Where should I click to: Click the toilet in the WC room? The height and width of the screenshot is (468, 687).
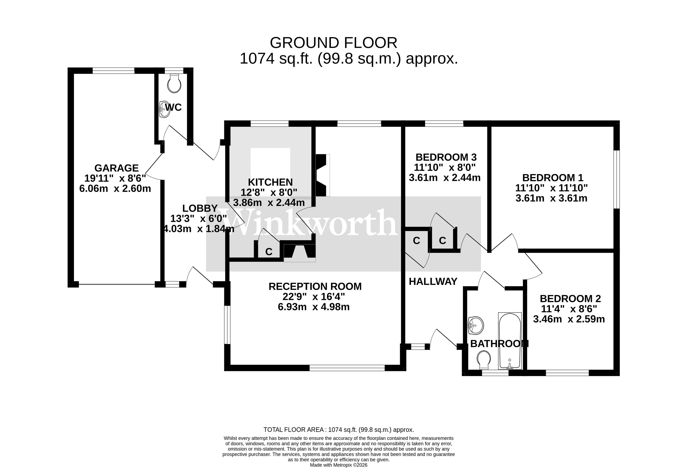(174, 84)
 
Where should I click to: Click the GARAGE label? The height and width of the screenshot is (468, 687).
(117, 168)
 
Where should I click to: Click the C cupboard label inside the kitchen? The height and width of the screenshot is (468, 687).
(268, 252)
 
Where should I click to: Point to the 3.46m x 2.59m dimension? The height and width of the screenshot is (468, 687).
(569, 319)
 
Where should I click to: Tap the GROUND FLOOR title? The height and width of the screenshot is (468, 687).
(333, 43)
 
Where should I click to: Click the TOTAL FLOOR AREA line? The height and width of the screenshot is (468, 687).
(339, 430)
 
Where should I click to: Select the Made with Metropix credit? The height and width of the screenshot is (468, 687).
(339, 465)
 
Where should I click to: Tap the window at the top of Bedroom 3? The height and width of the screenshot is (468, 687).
(444, 124)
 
